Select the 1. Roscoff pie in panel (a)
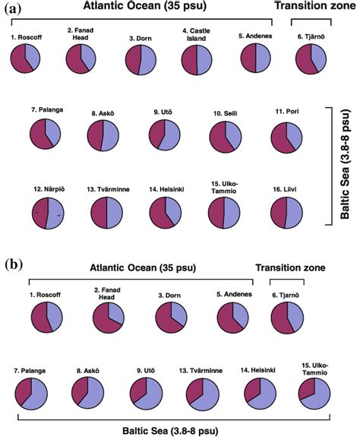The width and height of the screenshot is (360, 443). (x=25, y=59)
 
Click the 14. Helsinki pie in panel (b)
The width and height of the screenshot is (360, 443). (x=260, y=390)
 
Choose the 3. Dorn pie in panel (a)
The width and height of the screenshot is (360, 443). (x=137, y=60)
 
